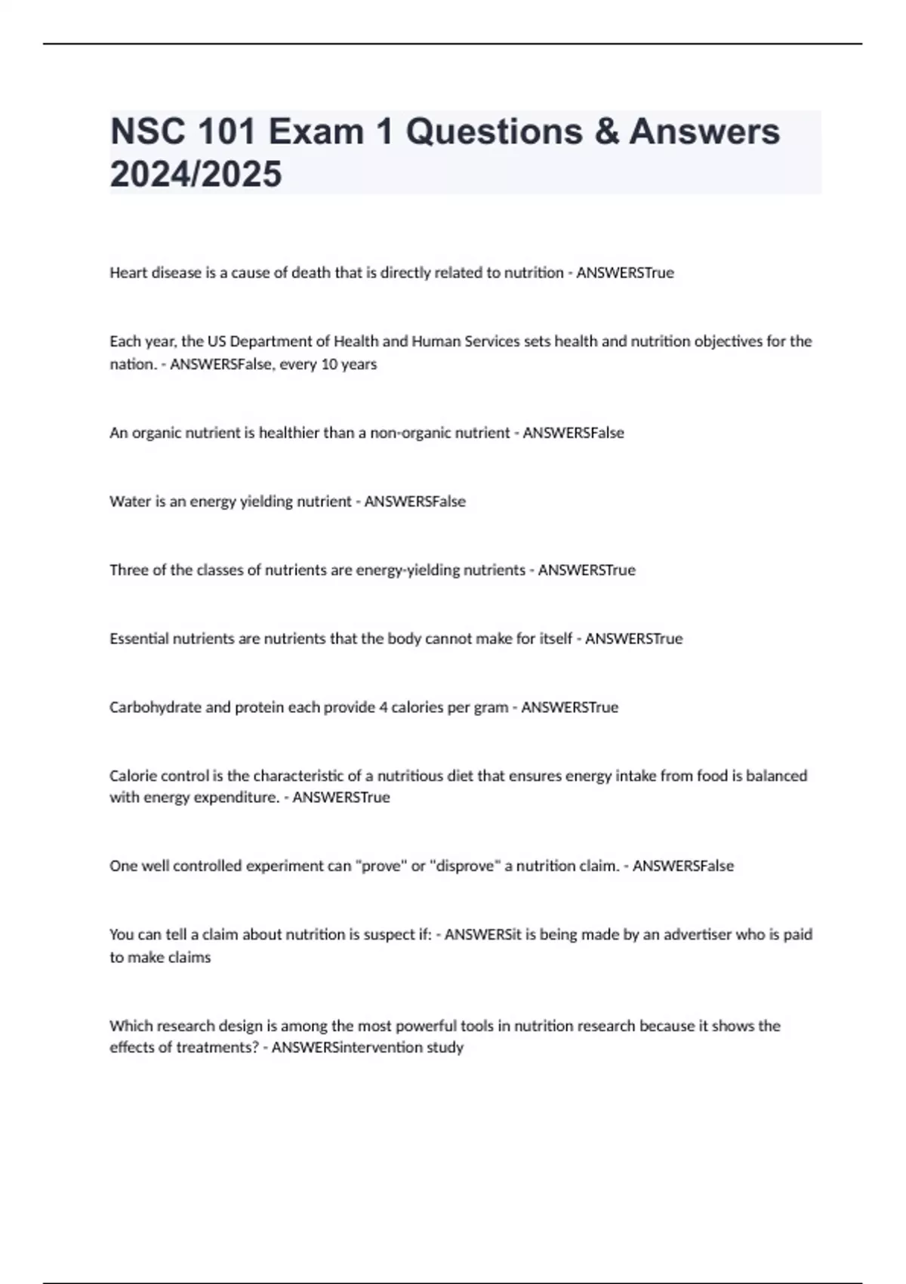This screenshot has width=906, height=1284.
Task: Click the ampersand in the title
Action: point(605,131)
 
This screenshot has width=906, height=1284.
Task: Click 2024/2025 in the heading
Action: point(196,174)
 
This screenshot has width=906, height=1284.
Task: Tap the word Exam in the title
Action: point(316,131)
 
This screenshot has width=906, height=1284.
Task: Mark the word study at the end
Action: point(445,1048)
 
